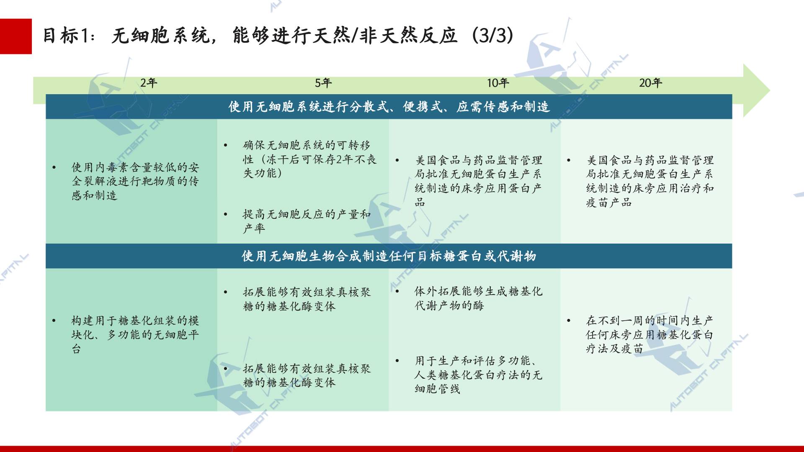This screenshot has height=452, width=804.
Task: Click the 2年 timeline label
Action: point(149,83)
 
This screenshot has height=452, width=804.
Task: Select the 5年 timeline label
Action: point(323,83)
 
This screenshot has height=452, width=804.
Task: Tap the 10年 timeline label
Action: point(498,83)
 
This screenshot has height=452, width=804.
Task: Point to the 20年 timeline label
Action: point(650,83)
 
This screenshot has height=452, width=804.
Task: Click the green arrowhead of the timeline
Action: point(756,90)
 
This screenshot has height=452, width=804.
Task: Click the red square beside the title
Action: point(16,36)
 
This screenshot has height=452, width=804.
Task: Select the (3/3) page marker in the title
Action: point(492,36)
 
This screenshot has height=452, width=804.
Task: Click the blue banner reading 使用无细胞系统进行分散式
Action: point(389,107)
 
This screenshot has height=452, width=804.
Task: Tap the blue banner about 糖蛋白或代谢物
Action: point(389,256)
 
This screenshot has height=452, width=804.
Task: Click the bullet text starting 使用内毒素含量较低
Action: point(135,181)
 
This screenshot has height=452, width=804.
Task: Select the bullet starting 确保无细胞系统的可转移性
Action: point(310,159)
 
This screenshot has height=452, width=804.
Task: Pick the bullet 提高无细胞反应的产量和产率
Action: point(307,221)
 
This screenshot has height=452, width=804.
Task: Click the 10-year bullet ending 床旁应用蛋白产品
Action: point(478,181)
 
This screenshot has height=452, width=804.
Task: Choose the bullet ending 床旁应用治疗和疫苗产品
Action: point(650,181)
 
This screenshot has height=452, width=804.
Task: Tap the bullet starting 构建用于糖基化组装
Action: point(135,334)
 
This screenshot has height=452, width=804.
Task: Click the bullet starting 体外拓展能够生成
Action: point(478,298)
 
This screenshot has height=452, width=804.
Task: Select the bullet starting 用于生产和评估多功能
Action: point(478,375)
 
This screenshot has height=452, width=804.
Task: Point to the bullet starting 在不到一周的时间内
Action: point(649,334)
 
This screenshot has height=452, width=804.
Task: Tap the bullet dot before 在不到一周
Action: point(569,321)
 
